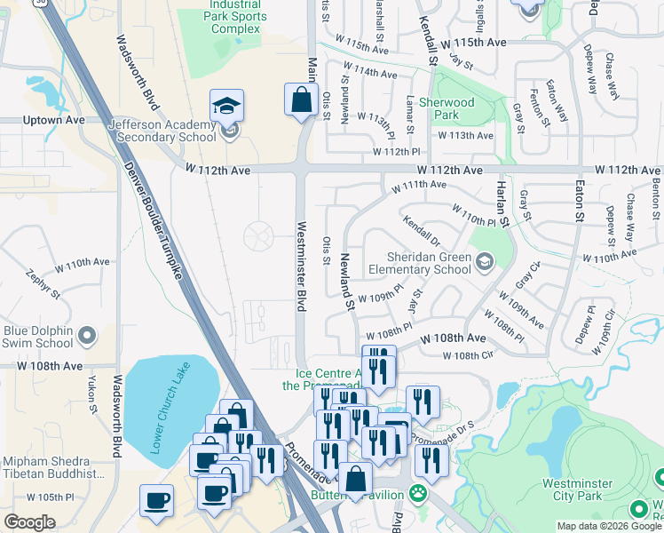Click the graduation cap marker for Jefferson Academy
pos(227,106)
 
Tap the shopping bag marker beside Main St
pos(301,99)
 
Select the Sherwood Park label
pos(446,108)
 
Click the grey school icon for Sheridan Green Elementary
pos(485,260)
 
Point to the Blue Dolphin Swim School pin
pos(87,336)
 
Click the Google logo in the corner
pos(29,522)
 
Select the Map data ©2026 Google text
pos(608,526)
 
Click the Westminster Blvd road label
pos(301,266)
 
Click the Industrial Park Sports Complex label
pos(236,17)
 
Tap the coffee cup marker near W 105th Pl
pos(157,499)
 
